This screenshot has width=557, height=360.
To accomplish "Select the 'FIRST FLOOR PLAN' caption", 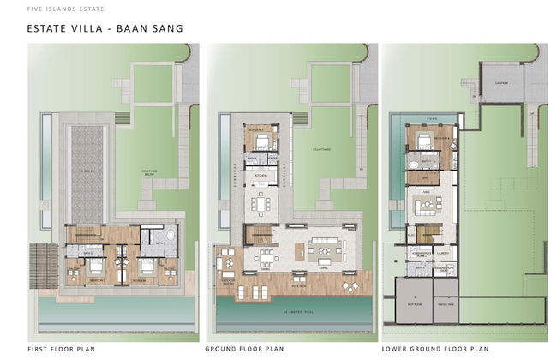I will point(61,350).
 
